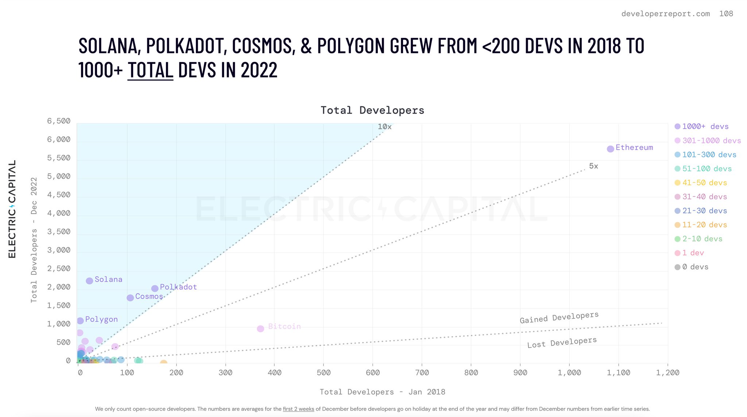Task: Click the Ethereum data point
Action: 610,149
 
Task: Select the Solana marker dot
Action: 89,281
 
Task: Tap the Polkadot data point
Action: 155,288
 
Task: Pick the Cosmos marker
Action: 130,298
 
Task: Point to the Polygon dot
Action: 80,321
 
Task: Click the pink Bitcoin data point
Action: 260,329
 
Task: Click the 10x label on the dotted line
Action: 384,127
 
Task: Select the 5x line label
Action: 593,166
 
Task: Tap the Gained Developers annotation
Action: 559,318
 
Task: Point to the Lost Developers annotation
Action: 562,343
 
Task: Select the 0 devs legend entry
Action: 695,267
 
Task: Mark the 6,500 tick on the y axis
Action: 59,121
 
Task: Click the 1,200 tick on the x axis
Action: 667,372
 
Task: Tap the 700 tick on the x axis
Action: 422,372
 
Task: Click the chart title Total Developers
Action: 372,110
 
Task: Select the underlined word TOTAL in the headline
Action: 150,70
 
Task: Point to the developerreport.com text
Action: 666,14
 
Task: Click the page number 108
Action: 726,14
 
